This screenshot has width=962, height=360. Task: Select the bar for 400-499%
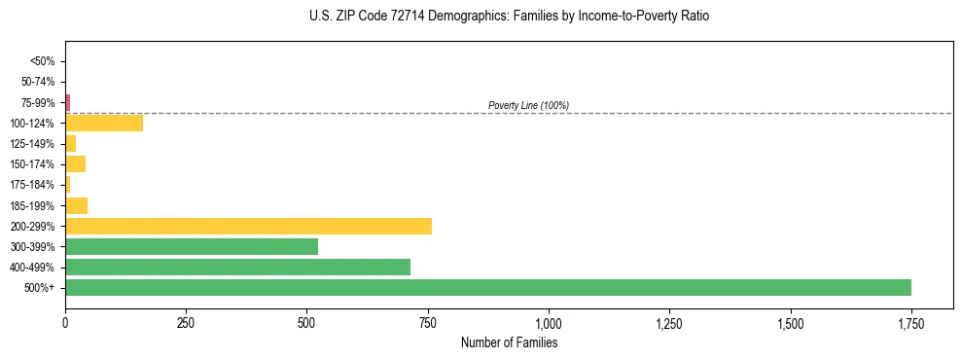tap(237, 267)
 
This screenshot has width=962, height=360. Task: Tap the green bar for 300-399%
tap(192, 246)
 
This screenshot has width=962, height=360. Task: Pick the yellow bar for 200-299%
tap(248, 226)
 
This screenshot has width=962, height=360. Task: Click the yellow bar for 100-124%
tap(104, 123)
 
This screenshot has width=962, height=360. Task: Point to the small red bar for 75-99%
tap(68, 102)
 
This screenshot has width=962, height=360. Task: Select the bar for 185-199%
tap(77, 205)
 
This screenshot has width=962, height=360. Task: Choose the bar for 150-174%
tap(76, 163)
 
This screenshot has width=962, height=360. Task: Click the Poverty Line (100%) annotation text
tap(528, 105)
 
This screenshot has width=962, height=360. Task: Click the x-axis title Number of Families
tap(509, 342)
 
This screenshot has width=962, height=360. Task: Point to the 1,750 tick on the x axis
tap(911, 323)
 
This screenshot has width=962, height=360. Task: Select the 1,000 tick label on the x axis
tap(549, 323)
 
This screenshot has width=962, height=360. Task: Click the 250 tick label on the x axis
tap(186, 323)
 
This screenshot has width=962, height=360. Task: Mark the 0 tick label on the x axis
tap(65, 323)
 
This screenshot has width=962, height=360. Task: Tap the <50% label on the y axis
tap(43, 61)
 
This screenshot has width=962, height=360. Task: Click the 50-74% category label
tap(38, 82)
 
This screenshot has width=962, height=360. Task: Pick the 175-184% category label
tap(33, 185)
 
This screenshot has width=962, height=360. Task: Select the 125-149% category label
tap(33, 144)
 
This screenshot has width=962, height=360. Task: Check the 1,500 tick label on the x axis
tap(791, 323)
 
